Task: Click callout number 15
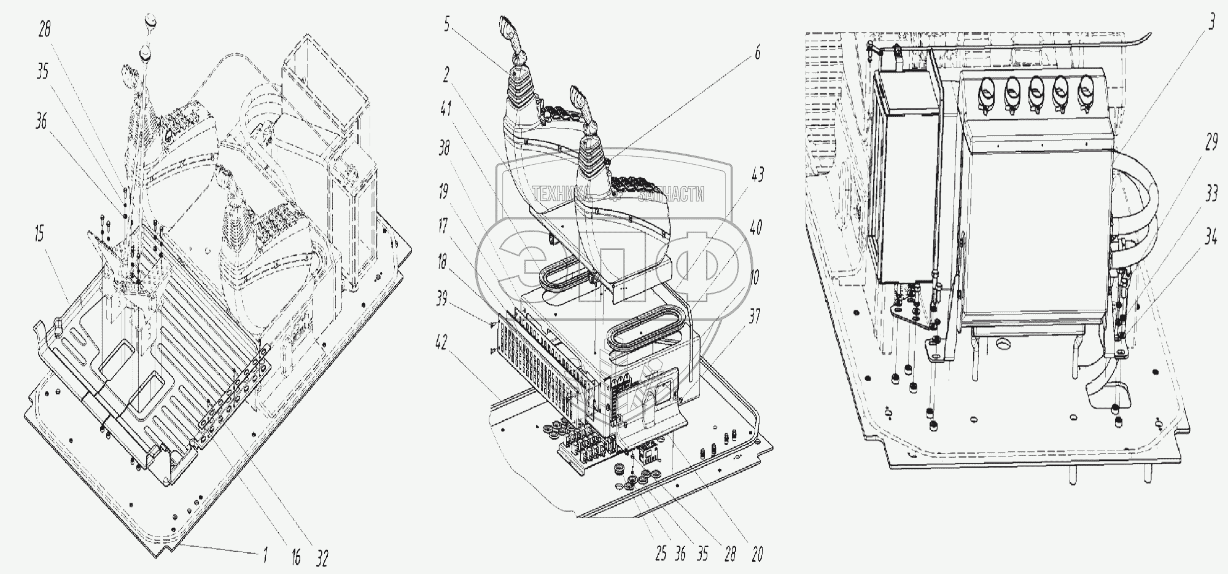click(x=39, y=235)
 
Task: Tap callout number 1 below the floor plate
click(x=265, y=557)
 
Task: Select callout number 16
click(x=296, y=557)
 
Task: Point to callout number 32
click(x=322, y=558)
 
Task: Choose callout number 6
click(x=757, y=53)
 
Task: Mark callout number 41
click(x=446, y=109)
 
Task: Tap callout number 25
click(x=661, y=554)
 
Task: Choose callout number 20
click(x=756, y=554)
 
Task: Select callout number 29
click(x=1211, y=144)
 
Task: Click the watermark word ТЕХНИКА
click(x=560, y=195)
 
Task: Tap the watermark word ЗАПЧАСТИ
click(x=671, y=195)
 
